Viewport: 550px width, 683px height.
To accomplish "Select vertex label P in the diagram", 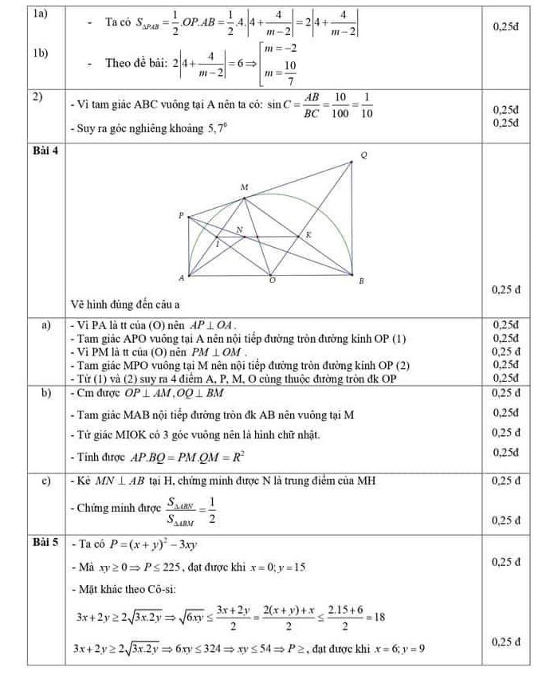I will click(180, 215).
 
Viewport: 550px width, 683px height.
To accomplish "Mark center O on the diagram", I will click(272, 282).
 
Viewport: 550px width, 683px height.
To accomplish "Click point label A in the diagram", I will click(180, 278).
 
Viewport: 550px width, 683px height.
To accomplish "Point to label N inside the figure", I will click(238, 230).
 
